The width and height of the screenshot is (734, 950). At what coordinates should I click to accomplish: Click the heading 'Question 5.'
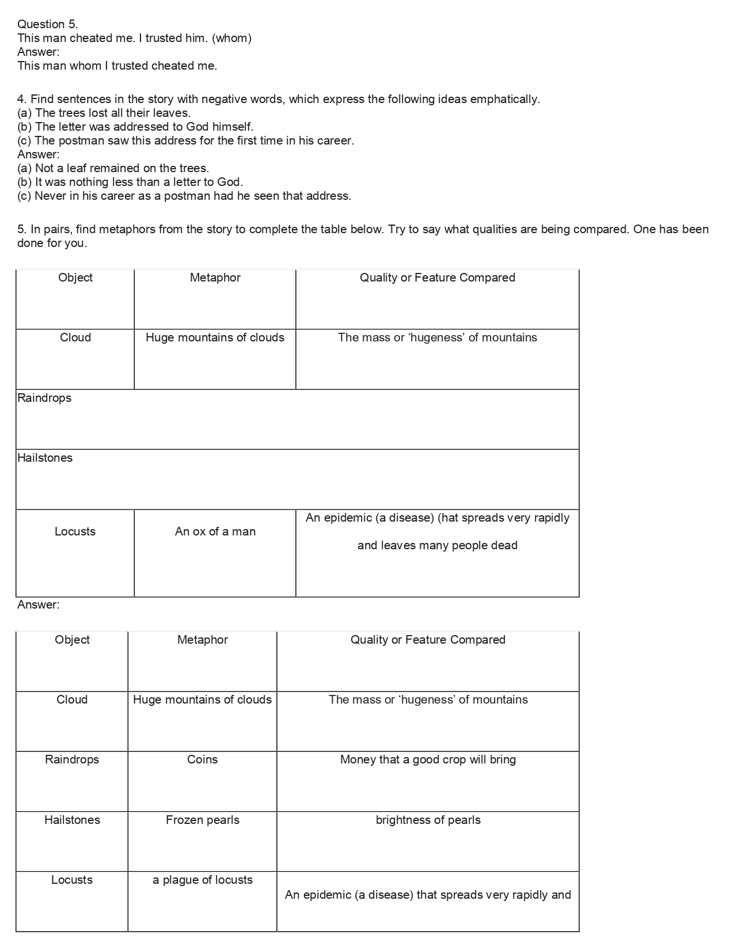click(47, 24)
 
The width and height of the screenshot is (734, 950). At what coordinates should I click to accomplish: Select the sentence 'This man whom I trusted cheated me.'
click(117, 66)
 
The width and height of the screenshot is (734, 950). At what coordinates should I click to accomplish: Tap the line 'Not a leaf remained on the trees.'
click(113, 168)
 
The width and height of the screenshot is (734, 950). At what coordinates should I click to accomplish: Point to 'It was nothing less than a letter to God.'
click(130, 182)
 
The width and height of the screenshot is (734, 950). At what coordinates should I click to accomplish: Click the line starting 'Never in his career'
click(184, 196)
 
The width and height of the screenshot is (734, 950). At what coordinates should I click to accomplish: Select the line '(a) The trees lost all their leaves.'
click(104, 113)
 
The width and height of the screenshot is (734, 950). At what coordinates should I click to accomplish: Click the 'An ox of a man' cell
click(215, 531)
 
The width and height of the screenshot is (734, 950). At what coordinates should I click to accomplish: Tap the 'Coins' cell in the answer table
click(202, 759)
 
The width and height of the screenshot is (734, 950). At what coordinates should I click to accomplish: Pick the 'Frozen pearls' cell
click(202, 820)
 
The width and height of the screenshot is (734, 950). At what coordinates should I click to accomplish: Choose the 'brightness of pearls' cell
click(428, 820)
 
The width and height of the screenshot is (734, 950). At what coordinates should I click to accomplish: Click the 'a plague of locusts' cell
click(202, 880)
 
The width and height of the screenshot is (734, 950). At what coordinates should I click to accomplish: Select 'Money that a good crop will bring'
click(428, 759)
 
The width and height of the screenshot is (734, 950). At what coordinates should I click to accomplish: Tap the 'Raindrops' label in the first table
click(44, 398)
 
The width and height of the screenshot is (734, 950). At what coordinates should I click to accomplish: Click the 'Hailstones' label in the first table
click(45, 458)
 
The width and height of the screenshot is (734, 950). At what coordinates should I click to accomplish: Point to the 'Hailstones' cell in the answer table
click(72, 820)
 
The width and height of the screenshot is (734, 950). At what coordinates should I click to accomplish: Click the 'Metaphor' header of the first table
click(215, 278)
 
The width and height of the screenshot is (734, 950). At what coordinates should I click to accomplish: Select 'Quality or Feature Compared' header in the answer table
click(428, 640)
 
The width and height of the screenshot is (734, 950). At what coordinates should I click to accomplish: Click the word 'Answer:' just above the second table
click(38, 605)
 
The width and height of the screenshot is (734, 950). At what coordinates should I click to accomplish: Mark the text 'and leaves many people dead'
click(437, 545)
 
